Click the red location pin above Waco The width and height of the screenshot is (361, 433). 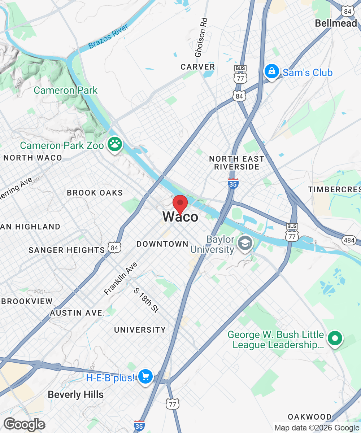point(180,204)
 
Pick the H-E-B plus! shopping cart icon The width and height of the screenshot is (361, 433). point(145,377)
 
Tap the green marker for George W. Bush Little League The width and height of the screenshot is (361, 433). point(335,339)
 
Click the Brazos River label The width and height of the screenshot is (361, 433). point(109,37)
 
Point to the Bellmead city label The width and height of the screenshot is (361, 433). point(336,23)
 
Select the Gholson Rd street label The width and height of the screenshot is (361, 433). point(201,38)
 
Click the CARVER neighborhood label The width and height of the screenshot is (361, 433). point(198,67)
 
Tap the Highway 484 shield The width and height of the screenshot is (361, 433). point(350,240)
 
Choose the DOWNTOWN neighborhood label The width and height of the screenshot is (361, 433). point(162,244)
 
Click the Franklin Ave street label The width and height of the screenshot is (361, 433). point(121,278)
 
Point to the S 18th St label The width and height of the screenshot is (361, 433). point(146,300)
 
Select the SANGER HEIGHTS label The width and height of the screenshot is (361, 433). point(66,250)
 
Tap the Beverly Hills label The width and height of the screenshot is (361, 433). point(75,395)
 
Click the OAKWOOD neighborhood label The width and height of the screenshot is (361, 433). point(309,417)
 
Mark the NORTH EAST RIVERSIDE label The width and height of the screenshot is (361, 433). point(237,163)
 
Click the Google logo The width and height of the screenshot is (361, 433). point(24,424)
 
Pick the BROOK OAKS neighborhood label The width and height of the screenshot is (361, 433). point(95,193)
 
